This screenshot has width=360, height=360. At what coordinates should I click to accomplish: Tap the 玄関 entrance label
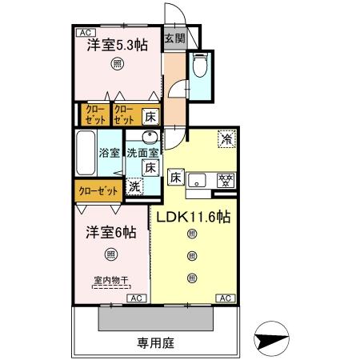point(174,38)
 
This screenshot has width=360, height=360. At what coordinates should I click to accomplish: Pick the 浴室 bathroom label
point(109,151)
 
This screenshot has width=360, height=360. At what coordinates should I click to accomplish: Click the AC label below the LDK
point(226,298)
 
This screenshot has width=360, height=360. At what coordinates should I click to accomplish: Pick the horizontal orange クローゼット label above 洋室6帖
point(100,190)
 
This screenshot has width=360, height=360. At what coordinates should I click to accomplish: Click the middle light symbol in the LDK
point(191,255)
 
